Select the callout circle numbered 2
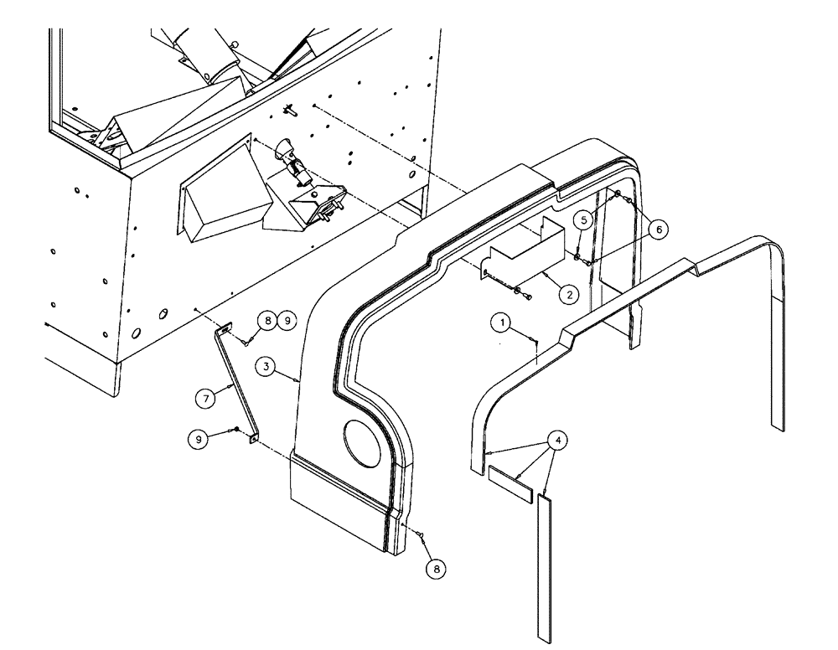(568, 294)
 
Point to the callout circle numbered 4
(555, 438)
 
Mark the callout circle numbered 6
(659, 229)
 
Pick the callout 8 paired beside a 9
(266, 320)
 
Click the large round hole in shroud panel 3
(361, 441)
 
